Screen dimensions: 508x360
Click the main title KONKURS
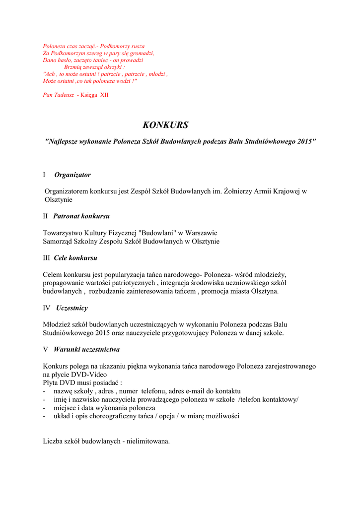[x=165, y=126]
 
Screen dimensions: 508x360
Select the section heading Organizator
[x=72, y=175]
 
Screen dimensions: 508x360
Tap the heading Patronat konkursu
[x=81, y=216]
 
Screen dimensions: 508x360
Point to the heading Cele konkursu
[x=75, y=258]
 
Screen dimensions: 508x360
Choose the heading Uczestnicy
[x=72, y=308]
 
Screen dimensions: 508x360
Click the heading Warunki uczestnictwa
[x=87, y=349]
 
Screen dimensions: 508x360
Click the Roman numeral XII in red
[x=104, y=95]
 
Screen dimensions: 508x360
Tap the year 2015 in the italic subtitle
[x=304, y=141]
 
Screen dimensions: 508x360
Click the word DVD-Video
[x=89, y=375]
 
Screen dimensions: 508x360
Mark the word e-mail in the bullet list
[x=195, y=391]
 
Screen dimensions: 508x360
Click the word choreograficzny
[x=114, y=416]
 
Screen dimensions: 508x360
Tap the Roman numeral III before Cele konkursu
[x=46, y=258]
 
